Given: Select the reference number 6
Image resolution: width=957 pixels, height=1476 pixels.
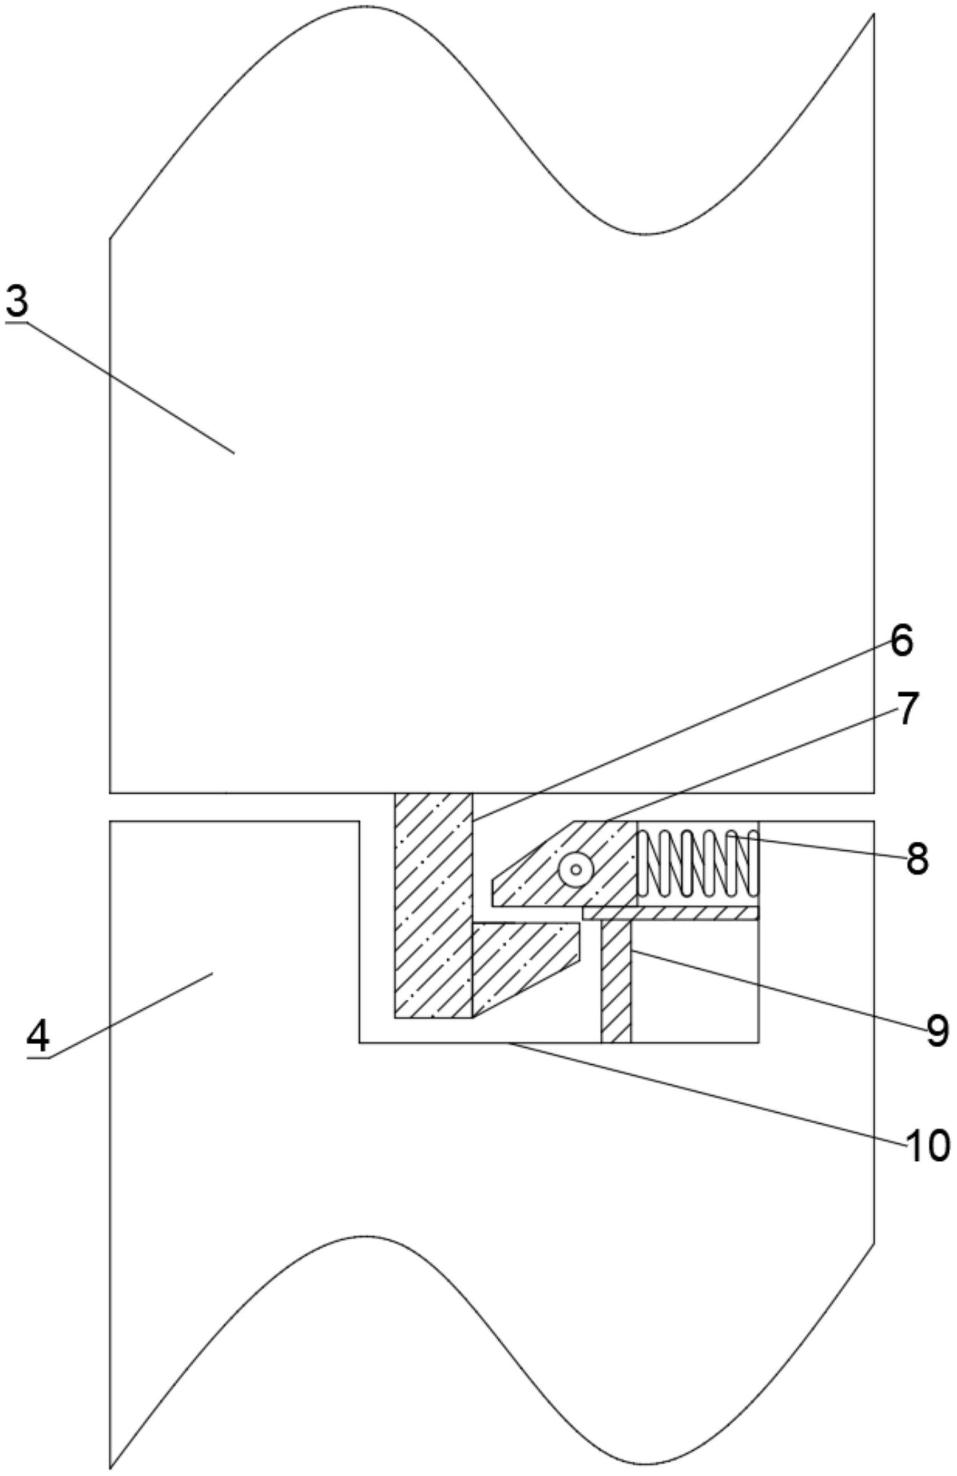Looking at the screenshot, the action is [x=901, y=640].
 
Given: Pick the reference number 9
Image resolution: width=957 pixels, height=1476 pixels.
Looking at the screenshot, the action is [x=937, y=1031].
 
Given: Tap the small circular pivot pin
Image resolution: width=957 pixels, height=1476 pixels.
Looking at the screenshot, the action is [x=575, y=869].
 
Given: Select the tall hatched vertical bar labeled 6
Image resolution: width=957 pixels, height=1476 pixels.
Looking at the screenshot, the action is [x=434, y=893].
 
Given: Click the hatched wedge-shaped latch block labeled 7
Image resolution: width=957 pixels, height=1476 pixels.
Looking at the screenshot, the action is [x=558, y=868].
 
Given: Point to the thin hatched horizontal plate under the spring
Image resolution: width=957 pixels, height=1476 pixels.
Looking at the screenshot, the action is [x=670, y=913].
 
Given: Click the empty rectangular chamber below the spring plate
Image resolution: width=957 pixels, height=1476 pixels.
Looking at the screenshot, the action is [x=694, y=980].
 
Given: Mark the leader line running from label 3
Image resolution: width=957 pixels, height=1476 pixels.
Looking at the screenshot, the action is [x=130, y=388].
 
